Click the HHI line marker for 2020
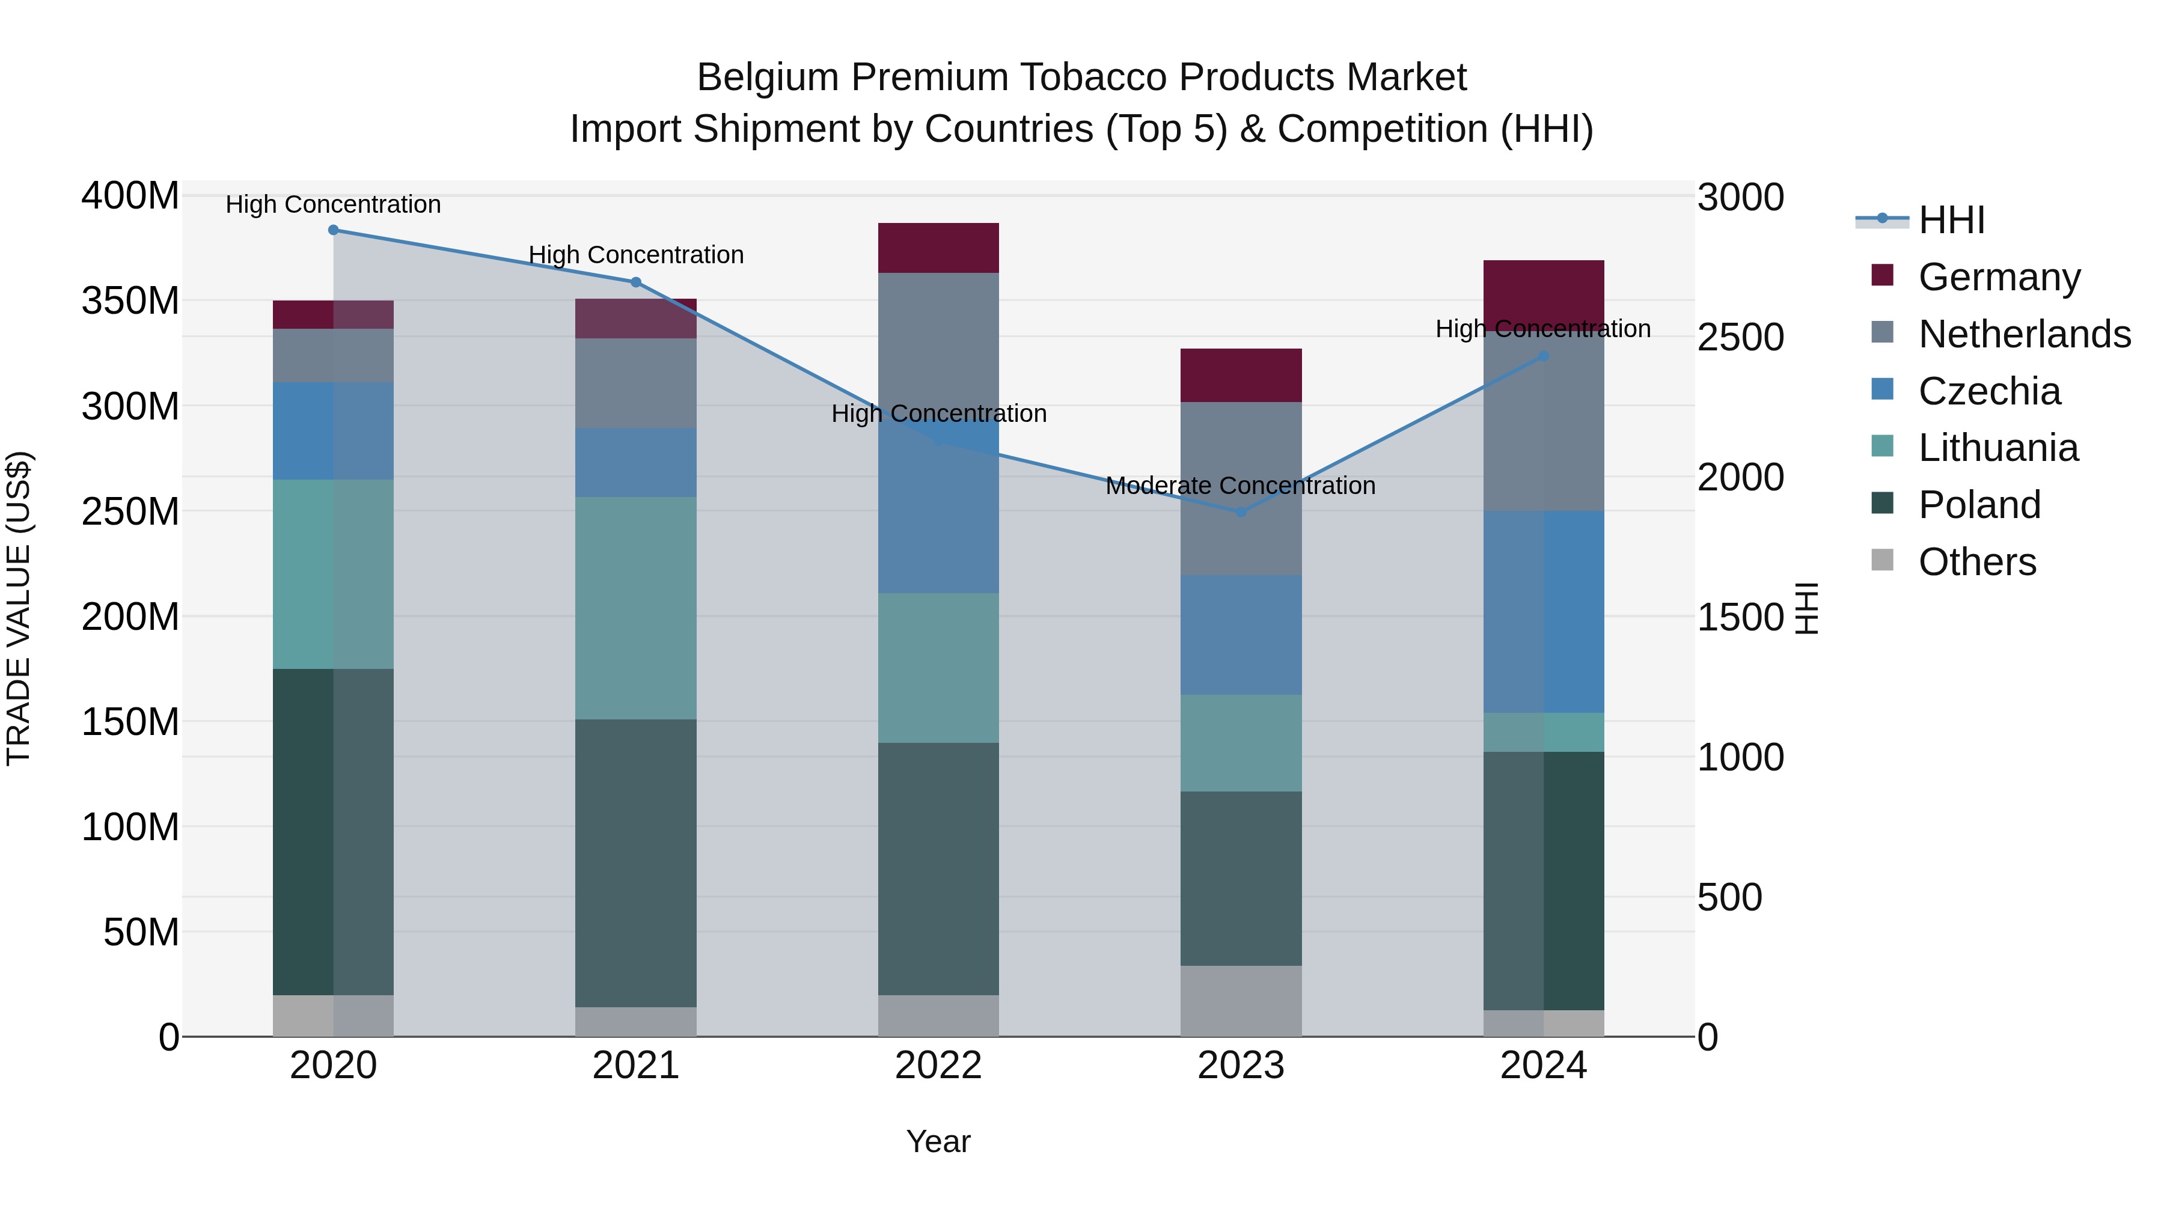pos(334,230)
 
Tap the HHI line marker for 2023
pos(1241,511)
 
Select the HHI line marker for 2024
pos(1543,356)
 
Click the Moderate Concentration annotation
pos(1240,486)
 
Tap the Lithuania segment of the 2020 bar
pos(334,574)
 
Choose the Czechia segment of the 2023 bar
pos(1241,635)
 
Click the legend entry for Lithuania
pos(1997,448)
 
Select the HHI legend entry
pos(1951,220)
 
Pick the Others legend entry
pos(1976,562)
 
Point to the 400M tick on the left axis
pos(130,196)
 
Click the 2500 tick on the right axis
pos(1740,338)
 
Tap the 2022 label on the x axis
pos(938,1066)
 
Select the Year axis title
pos(938,1141)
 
